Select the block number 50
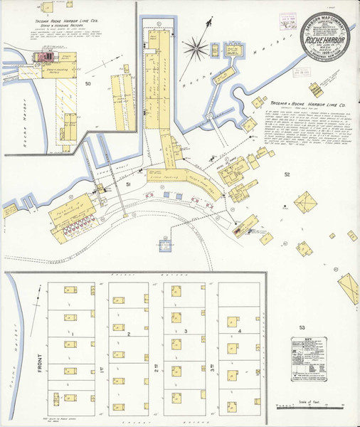point(88,85)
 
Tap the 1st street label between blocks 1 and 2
point(102,368)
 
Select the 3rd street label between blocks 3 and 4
point(213,368)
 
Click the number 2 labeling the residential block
point(128,333)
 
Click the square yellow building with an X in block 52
point(306,204)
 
